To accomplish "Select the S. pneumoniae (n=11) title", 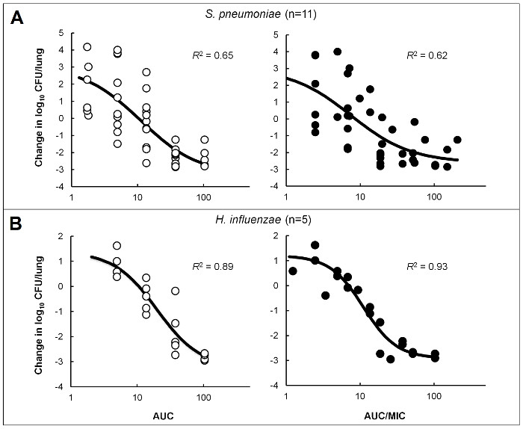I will (261, 10).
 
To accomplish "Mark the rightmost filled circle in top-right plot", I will (457, 140).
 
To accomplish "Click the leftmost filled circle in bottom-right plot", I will (293, 271).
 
